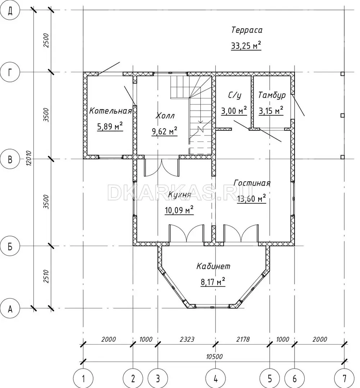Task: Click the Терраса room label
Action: click(x=247, y=30)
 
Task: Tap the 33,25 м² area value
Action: click(x=246, y=46)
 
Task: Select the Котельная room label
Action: click(x=110, y=111)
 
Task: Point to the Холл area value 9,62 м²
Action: click(x=164, y=131)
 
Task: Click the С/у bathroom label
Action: click(x=234, y=95)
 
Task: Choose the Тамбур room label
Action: click(x=272, y=95)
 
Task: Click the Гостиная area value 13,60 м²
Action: click(x=251, y=198)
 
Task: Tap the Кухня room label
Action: click(x=179, y=195)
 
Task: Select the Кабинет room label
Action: click(x=213, y=266)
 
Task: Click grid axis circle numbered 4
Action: click(x=215, y=379)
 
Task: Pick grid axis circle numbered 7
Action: click(x=344, y=379)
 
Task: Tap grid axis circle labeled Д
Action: click(x=10, y=10)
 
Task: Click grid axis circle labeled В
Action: click(x=10, y=159)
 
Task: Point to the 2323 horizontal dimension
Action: click(x=187, y=339)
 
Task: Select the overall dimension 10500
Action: click(x=214, y=357)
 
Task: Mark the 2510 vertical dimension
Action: click(x=46, y=277)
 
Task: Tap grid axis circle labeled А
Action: click(x=10, y=309)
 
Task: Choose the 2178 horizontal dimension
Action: click(x=243, y=339)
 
